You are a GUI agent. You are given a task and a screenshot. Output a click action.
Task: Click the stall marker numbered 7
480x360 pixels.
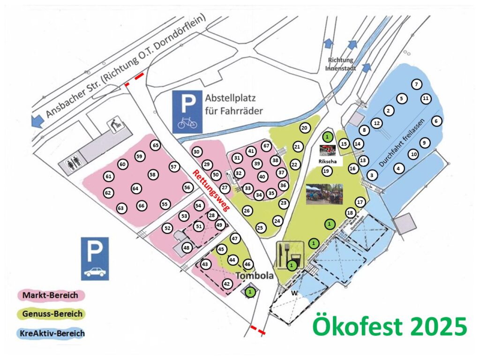tap(416, 84)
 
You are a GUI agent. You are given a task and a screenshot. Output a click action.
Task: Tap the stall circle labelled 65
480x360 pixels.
tap(156, 146)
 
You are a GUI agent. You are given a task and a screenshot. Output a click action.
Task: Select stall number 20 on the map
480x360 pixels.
tap(304, 128)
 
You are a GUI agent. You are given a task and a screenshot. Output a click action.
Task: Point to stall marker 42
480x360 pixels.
tap(227, 284)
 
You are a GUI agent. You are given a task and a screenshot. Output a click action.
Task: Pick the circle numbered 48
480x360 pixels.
tap(187, 247)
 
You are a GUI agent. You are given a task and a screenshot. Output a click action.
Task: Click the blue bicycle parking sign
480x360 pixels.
tap(187, 110)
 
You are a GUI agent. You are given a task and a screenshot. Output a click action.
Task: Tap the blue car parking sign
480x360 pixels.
tap(95, 258)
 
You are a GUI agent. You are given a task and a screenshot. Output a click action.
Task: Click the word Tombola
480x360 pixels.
tap(255, 276)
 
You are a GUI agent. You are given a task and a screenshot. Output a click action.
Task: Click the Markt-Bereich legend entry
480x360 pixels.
tap(51, 295)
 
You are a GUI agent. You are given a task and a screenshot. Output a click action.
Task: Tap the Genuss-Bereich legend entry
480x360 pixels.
tap(51, 314)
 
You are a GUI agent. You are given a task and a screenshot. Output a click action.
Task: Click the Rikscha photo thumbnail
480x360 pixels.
tap(329, 150)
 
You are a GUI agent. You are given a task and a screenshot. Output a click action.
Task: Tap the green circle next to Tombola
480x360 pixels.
tap(251, 292)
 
